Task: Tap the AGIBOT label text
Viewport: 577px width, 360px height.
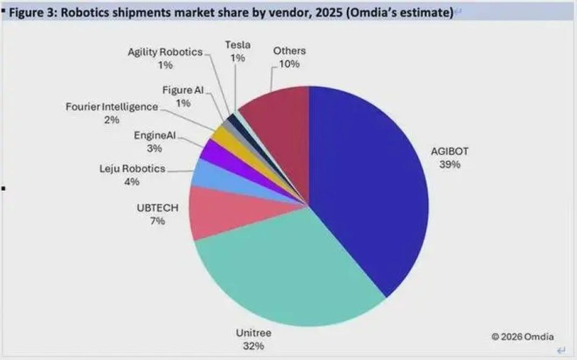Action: [450, 152]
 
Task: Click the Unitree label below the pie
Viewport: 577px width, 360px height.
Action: [254, 333]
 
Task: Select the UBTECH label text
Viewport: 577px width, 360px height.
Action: [157, 207]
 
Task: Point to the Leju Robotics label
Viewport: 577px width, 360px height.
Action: [132, 169]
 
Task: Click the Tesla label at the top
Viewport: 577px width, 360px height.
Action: [237, 46]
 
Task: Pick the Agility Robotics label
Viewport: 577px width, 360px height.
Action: [165, 53]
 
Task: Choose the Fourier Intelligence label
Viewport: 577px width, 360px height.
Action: [112, 107]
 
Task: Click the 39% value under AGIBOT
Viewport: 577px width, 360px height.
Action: [450, 165]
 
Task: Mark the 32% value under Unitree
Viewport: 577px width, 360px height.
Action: [254, 346]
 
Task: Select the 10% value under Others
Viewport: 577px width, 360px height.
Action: [289, 63]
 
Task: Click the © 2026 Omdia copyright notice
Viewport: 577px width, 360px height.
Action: [522, 336]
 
